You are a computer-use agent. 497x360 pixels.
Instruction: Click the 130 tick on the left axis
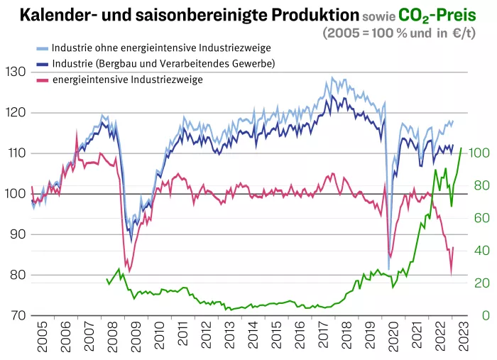[15, 72]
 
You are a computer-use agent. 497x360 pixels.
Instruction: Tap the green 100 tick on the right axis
[479, 153]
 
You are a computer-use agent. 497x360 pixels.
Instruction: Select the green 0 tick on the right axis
[486, 315]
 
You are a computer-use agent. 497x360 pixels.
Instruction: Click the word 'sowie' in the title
[377, 16]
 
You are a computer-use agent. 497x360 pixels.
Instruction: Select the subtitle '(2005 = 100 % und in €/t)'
[408, 33]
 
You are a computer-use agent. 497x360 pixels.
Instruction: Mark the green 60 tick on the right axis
[482, 218]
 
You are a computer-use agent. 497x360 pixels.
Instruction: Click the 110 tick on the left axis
[15, 153]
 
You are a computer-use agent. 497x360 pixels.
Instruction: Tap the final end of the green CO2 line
[461, 148]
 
